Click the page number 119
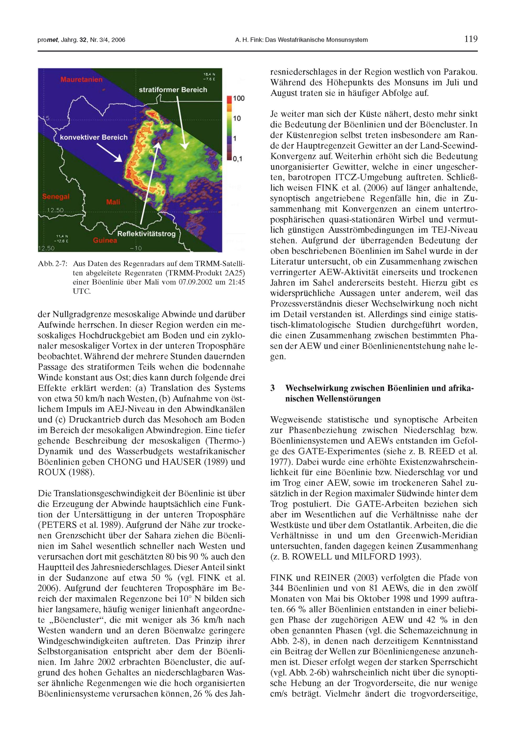pyautogui.click(x=471, y=39)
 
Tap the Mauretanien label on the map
pyautogui.click(x=81, y=79)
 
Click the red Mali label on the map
pyautogui.click(x=113, y=202)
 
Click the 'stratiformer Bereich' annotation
pyautogui.click(x=173, y=90)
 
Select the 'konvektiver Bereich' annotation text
pyautogui.click(x=94, y=137)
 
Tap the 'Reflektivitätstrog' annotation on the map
pyautogui.click(x=146, y=234)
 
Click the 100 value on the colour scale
pyautogui.click(x=239, y=98)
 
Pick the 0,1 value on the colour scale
pyautogui.click(x=238, y=159)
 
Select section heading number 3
pyautogui.click(x=272, y=388)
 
